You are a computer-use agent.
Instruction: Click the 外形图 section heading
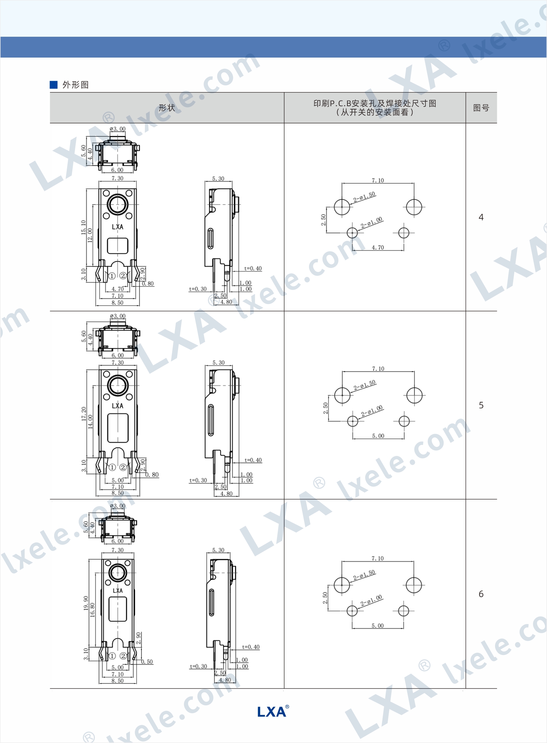[x=75, y=85]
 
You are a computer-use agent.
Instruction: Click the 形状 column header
[x=167, y=108]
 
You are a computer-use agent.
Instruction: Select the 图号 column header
[x=481, y=108]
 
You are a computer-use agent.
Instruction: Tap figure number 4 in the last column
[x=481, y=217]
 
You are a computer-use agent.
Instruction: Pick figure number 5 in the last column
[x=481, y=405]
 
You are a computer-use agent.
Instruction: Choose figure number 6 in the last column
[x=481, y=594]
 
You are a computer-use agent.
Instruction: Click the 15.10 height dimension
[x=83, y=227]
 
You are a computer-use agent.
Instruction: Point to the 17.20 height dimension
[x=84, y=414]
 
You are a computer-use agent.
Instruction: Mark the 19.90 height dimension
[x=86, y=603]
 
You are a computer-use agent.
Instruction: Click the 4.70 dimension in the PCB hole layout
[x=378, y=247]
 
